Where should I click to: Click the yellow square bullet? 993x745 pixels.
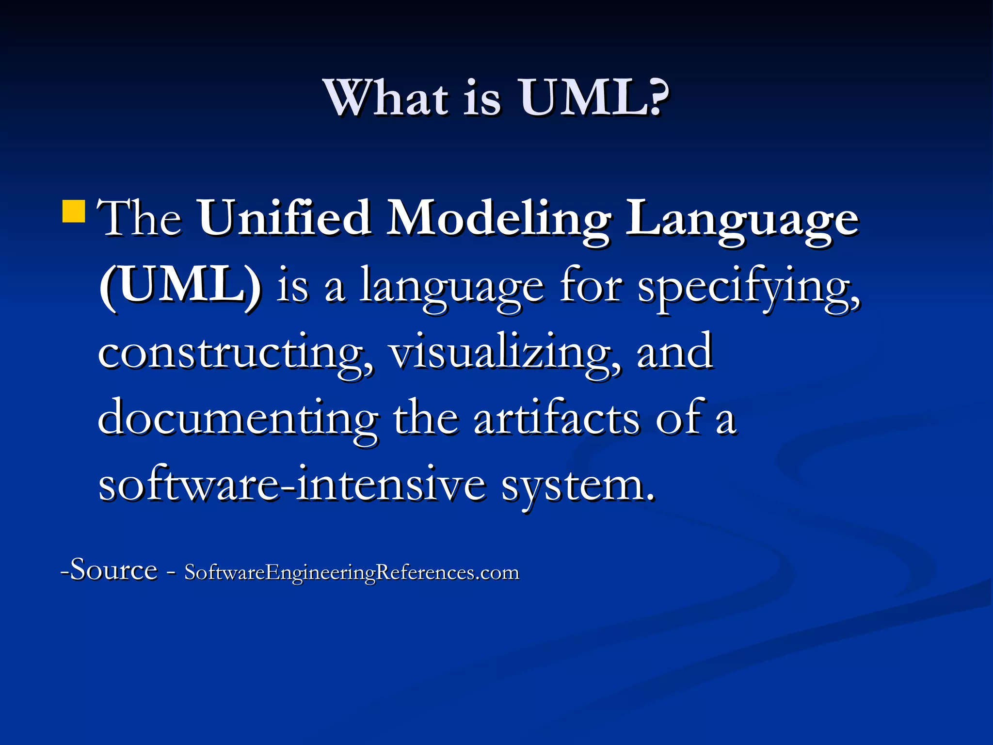pyautogui.click(x=74, y=211)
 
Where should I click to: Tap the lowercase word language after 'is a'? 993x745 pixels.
pyautogui.click(x=451, y=289)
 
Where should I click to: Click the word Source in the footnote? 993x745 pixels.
pyautogui.click(x=114, y=569)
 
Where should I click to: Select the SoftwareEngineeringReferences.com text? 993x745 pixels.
pyautogui.click(x=352, y=573)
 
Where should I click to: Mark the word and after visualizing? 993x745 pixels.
pyautogui.click(x=674, y=352)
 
